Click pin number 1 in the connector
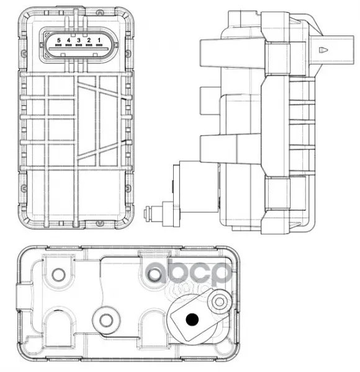tap(99, 40)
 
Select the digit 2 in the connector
tap(89, 40)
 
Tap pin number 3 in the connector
tap(79, 40)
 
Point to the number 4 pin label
tap(69, 40)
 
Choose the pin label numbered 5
tap(58, 40)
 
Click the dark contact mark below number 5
tap(58, 45)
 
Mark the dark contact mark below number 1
tap(99, 45)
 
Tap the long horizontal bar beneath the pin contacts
tap(79, 49)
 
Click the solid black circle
tap(192, 319)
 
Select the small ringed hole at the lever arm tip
tap(220, 302)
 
